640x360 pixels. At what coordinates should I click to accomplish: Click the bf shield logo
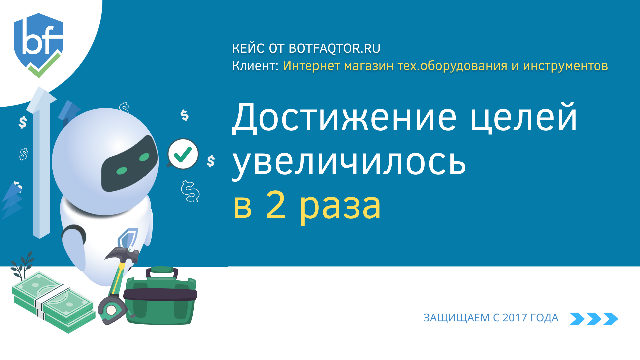(38, 45)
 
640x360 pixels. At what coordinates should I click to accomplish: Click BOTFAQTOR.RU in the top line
(334, 49)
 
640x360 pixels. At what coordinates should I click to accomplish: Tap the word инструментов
(565, 66)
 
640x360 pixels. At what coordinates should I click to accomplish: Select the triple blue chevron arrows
(594, 319)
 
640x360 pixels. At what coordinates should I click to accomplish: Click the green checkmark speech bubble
(183, 154)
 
